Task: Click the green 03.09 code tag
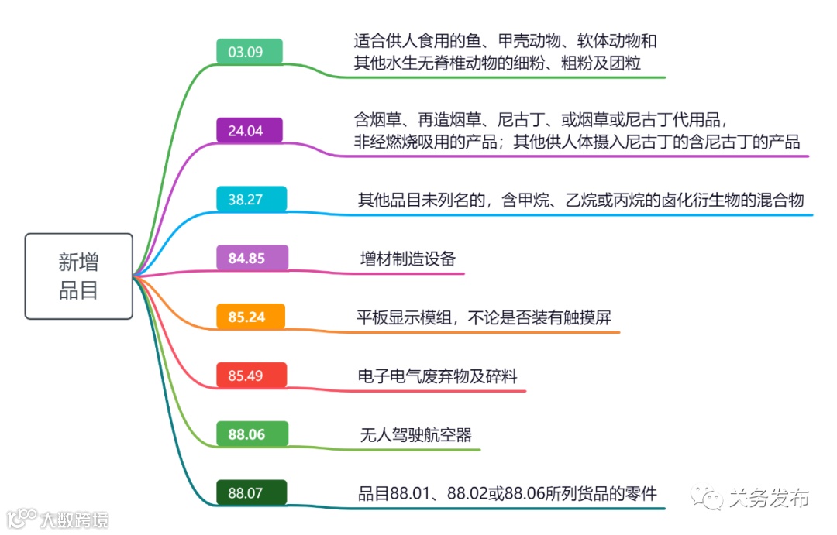pyautogui.click(x=250, y=52)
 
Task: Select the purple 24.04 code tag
pyautogui.click(x=250, y=130)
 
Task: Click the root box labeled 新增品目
pyautogui.click(x=78, y=276)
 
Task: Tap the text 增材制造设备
pyautogui.click(x=408, y=259)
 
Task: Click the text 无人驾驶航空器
pyautogui.click(x=415, y=434)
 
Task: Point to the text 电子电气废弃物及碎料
pyautogui.click(x=437, y=376)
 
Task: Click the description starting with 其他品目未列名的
pyautogui.click(x=580, y=201)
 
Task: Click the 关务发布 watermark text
pyautogui.click(x=768, y=498)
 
